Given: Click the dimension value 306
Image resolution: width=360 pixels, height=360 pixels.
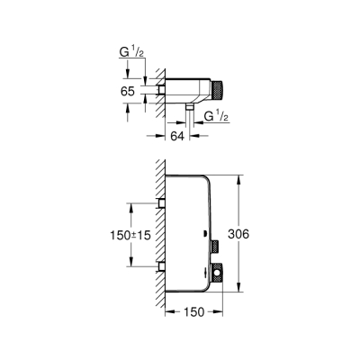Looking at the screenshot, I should (253, 233).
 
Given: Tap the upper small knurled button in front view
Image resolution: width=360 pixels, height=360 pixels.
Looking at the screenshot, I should (217, 245).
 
